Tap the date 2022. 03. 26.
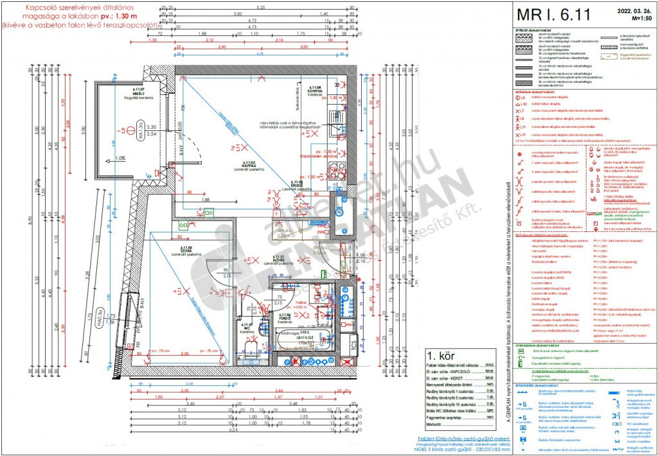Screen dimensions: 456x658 click(632, 10)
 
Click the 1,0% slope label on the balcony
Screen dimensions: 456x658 click(120, 158)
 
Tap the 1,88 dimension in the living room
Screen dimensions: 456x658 click(206, 200)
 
